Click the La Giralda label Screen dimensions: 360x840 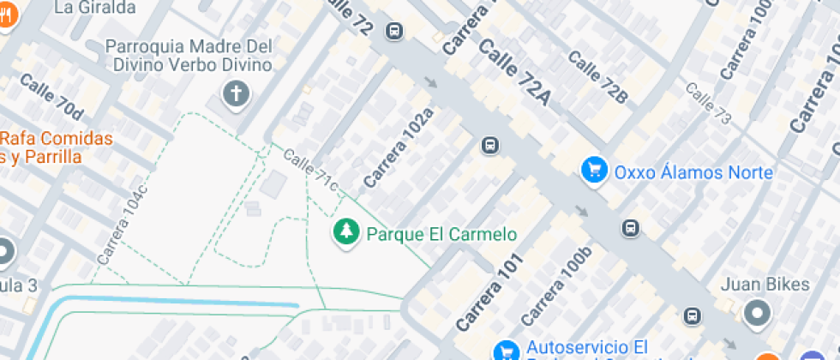pyautogui.click(x=94, y=8)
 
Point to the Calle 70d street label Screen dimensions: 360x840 pyautogui.click(x=51, y=97)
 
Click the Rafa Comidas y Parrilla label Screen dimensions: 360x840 pyautogui.click(x=57, y=147)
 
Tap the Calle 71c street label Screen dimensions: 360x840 pyautogui.click(x=309, y=170)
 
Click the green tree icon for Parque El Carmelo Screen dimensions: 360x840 pyautogui.click(x=346, y=231)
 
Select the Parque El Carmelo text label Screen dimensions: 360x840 pyautogui.click(x=441, y=233)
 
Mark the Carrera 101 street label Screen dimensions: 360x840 pyautogui.click(x=488, y=292)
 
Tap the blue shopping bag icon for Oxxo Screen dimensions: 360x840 pyautogui.click(x=594, y=170)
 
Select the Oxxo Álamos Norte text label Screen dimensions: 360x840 pyautogui.click(x=693, y=172)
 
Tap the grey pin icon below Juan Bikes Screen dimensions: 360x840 pyautogui.click(x=757, y=314)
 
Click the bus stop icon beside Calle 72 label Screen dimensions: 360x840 pyautogui.click(x=394, y=32)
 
